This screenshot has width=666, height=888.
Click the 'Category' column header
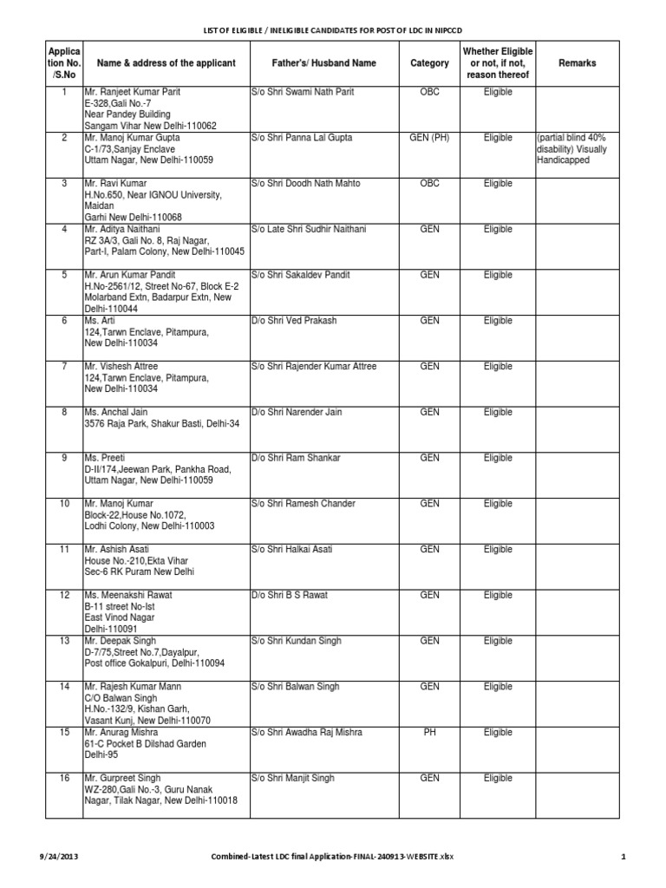(x=429, y=63)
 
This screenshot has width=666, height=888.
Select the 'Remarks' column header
(x=577, y=63)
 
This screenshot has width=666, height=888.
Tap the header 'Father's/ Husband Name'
(x=313, y=63)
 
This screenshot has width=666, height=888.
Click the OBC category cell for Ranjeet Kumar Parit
(x=429, y=92)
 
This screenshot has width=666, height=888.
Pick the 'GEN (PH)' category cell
(x=429, y=138)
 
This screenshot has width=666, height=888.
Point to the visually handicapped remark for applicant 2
(x=572, y=149)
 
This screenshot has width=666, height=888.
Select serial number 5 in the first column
(x=63, y=275)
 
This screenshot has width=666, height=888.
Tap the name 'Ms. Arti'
(x=99, y=321)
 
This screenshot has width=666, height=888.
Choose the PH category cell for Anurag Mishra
(x=429, y=733)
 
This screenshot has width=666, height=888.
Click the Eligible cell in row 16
(x=498, y=779)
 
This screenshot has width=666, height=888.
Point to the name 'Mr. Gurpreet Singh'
(x=122, y=779)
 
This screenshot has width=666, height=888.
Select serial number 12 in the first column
(x=63, y=596)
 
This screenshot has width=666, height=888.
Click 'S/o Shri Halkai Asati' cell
(x=291, y=550)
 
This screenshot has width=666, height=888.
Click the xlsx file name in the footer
(x=333, y=857)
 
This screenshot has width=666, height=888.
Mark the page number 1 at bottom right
(x=623, y=857)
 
